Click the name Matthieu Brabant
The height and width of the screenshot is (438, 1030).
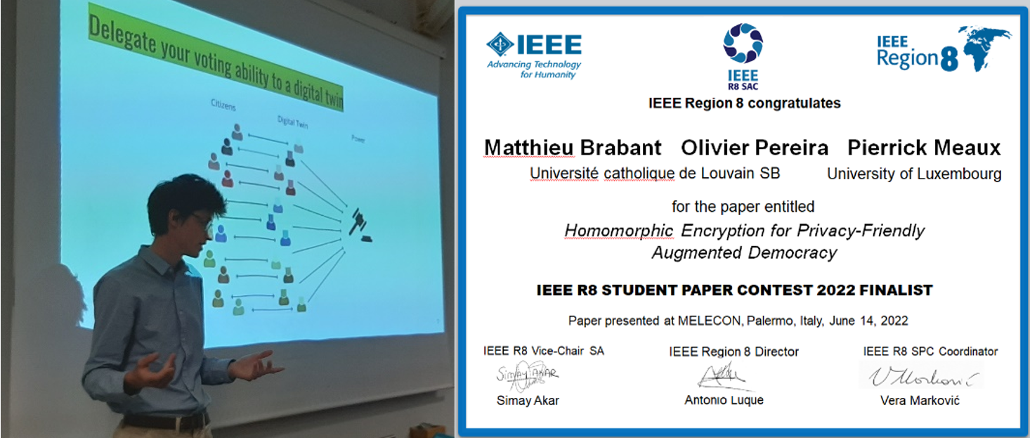point(573,148)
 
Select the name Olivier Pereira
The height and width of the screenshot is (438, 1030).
point(755,148)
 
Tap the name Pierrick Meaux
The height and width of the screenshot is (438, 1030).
point(924,148)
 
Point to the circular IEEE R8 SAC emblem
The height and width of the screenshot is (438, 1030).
point(743,43)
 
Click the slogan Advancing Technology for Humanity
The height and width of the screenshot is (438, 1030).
point(534,70)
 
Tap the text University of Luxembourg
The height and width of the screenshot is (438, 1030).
point(914,174)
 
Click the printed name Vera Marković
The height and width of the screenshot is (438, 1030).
point(920,400)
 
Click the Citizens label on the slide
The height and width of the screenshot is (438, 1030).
point(223,105)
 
